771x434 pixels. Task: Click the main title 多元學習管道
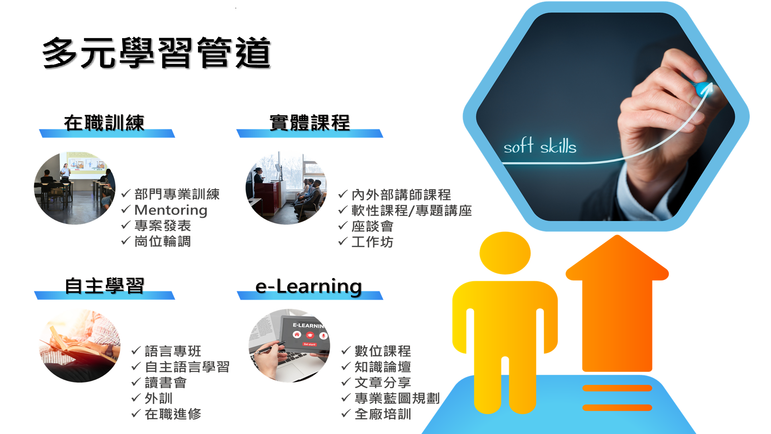[157, 53]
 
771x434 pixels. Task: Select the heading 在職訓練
[104, 123]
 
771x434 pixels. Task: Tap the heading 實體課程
[310, 123]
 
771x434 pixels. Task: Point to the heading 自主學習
[104, 286]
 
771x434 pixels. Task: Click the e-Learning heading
[309, 287]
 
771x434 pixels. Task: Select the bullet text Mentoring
[171, 210]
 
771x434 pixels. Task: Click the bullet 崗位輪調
[163, 242]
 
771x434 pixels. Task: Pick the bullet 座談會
[372, 226]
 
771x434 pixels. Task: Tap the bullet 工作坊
[372, 242]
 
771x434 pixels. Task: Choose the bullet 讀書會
[165, 383]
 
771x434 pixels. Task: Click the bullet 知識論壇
[383, 367]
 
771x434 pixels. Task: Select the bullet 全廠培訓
[383, 414]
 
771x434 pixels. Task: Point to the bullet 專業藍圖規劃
[397, 398]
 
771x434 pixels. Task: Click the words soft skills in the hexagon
[540, 145]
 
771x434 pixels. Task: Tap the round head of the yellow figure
[505, 253]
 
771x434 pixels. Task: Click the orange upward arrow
[617, 303]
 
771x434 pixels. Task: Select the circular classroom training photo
[75, 188]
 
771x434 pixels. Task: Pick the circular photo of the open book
[80, 346]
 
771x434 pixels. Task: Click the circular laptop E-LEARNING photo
[289, 346]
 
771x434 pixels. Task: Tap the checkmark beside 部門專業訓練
[126, 194]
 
